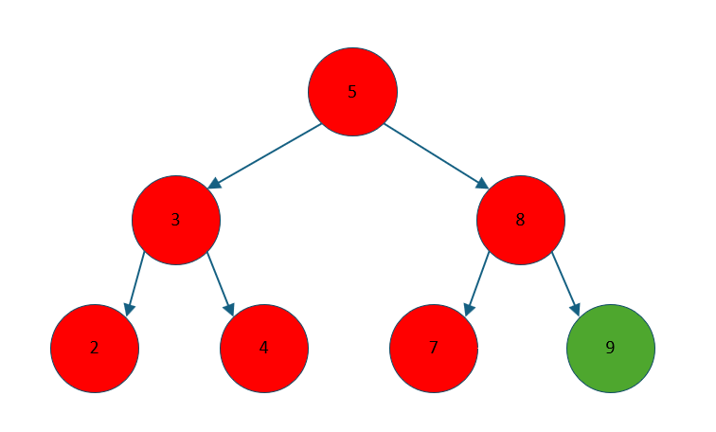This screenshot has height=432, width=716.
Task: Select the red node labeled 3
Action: (x=176, y=220)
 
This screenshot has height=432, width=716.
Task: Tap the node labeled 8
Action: (x=521, y=220)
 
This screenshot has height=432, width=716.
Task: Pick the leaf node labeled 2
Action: (x=95, y=348)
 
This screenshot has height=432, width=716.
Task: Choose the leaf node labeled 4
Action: (x=264, y=348)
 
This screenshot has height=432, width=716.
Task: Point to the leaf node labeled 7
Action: (x=434, y=348)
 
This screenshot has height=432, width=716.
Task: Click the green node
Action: (x=611, y=348)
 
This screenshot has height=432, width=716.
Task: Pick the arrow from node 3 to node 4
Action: (x=220, y=282)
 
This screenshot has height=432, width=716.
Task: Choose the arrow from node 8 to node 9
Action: (x=565, y=282)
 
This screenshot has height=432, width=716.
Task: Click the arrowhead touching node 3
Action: (x=214, y=184)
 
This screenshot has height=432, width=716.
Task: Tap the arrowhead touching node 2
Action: (x=129, y=309)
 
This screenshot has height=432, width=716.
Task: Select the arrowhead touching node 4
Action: (x=229, y=309)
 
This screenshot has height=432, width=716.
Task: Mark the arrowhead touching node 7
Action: (x=468, y=309)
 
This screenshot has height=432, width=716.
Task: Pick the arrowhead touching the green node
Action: (x=576, y=309)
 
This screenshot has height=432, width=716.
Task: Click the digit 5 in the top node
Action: (x=352, y=92)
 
